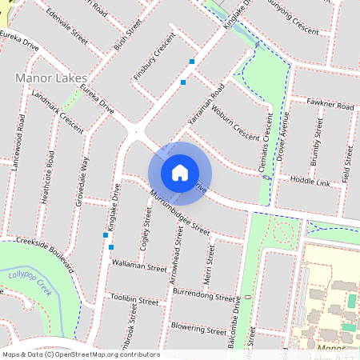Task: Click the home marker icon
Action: (x=180, y=172)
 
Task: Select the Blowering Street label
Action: (x=194, y=330)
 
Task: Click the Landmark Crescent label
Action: (x=56, y=110)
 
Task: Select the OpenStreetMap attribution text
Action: (x=81, y=354)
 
